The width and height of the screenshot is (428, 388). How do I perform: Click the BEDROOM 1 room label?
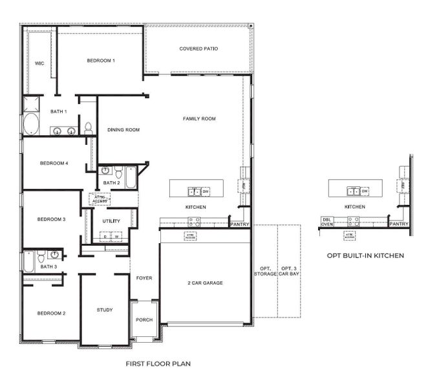101,61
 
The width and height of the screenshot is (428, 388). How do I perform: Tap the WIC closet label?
39,63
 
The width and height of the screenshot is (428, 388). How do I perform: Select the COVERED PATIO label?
198,48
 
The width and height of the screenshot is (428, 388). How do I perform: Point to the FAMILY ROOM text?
199,118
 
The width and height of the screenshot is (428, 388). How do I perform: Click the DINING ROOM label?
123,130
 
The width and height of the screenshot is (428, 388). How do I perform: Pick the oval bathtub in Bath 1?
30,124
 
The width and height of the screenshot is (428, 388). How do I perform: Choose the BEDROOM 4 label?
53,163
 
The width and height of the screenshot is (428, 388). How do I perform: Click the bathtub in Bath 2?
131,176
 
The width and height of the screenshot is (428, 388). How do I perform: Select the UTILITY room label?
111,221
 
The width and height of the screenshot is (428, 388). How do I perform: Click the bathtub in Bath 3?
29,261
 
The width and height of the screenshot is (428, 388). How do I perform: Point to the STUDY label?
105,310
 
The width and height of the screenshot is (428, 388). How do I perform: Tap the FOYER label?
144,278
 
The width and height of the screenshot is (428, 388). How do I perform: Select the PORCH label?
144,320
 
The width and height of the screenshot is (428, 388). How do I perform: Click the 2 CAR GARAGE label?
205,283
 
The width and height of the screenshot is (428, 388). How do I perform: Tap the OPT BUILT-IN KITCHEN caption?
365,255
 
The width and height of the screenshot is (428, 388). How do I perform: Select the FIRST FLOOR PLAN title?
158,363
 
